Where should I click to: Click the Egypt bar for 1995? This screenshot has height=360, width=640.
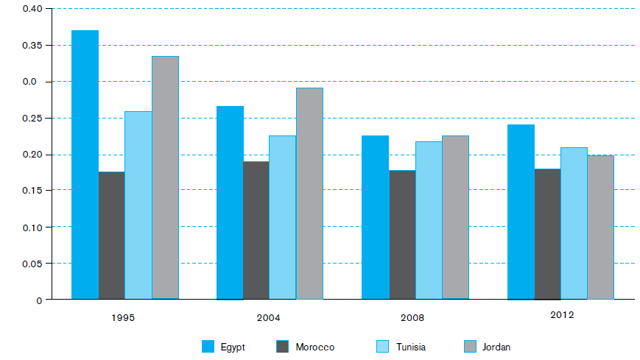(85, 164)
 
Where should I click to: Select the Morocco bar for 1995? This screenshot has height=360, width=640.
(111, 236)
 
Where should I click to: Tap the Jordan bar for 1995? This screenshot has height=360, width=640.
(165, 177)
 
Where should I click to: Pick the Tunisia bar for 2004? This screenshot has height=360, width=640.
(283, 218)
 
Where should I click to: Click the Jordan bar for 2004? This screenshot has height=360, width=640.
(309, 194)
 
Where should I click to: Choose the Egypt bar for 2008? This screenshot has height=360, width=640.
(375, 218)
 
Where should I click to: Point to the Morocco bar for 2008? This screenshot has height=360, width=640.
(402, 235)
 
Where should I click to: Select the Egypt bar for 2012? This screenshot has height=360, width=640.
(521, 212)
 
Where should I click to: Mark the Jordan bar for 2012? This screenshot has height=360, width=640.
(600, 227)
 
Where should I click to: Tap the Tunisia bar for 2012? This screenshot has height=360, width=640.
(574, 224)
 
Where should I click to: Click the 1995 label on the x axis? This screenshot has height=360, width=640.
(123, 318)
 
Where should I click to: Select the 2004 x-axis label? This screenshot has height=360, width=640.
(268, 318)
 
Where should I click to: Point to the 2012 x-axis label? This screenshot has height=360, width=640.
(562, 315)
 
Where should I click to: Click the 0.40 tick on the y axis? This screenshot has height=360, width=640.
(32, 9)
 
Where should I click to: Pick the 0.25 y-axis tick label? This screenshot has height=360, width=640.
(32, 119)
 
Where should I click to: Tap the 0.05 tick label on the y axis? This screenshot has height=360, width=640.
(32, 264)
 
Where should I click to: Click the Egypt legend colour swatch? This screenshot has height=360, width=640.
(208, 347)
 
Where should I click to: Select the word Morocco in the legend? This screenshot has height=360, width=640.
(315, 347)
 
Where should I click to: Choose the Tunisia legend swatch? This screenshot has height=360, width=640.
(382, 347)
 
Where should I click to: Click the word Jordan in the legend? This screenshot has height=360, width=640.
(496, 347)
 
